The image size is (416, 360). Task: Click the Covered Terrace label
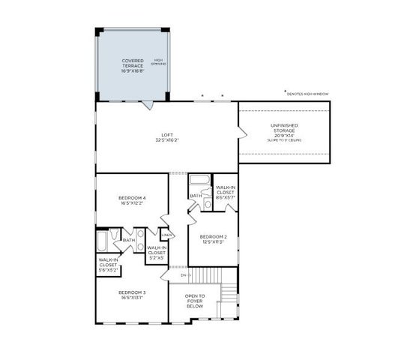pos(133,64)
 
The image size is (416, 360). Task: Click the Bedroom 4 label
pos(132,199)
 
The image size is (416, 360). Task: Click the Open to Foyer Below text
pos(195,301)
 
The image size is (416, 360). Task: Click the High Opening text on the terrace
pos(159,62)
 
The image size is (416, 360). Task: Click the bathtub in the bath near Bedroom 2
pos(199,180)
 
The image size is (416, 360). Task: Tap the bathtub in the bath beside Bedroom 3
pos(103,241)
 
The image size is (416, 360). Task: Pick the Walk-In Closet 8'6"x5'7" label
pos(225,191)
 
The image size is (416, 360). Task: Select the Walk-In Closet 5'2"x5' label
pos(157,252)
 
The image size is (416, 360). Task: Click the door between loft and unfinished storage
pos(241,133)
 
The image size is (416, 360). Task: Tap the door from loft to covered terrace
pos(150,105)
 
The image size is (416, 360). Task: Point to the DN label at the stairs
pos(184,275)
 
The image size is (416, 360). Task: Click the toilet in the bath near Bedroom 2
pos(208,202)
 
